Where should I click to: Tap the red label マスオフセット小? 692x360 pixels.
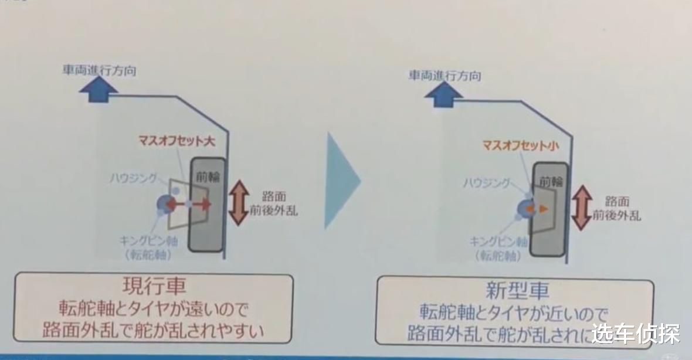[x=517, y=144]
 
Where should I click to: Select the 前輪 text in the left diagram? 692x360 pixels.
[x=205, y=176]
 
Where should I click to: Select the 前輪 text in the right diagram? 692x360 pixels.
[x=547, y=181]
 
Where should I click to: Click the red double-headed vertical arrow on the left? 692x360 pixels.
[x=239, y=203]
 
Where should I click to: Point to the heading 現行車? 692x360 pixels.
[x=155, y=287]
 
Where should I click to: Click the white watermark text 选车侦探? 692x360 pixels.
[x=636, y=335]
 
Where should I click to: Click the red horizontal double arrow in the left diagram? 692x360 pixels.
[x=189, y=205]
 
